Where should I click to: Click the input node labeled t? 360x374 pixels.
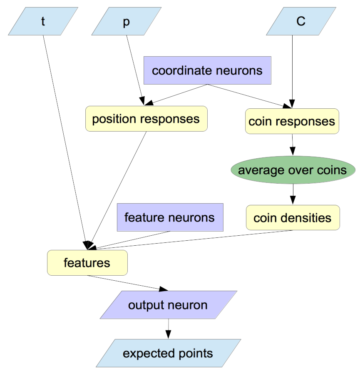[43, 21]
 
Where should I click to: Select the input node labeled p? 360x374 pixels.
[127, 21]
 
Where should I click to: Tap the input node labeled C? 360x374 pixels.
[301, 21]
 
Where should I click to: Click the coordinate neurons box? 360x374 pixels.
[207, 70]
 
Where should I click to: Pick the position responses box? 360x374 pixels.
[146, 119]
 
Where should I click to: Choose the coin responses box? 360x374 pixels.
[292, 121]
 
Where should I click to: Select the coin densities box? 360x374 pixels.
[293, 217]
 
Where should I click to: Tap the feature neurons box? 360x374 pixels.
[169, 217]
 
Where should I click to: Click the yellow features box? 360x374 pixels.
[87, 263]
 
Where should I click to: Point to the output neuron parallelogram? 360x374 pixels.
[168, 305]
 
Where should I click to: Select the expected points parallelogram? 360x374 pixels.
[168, 354]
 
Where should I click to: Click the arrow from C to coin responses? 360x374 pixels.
[293, 71]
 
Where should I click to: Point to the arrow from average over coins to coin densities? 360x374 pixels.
[293, 194]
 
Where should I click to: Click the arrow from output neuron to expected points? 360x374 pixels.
[168, 329]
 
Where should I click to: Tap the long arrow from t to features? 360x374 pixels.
[65, 137]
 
